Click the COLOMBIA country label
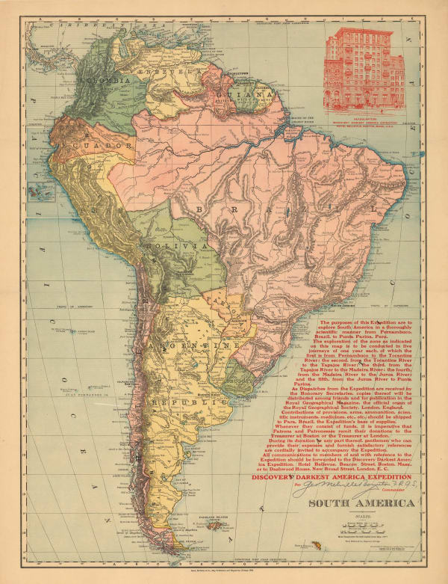coord(109,79)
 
